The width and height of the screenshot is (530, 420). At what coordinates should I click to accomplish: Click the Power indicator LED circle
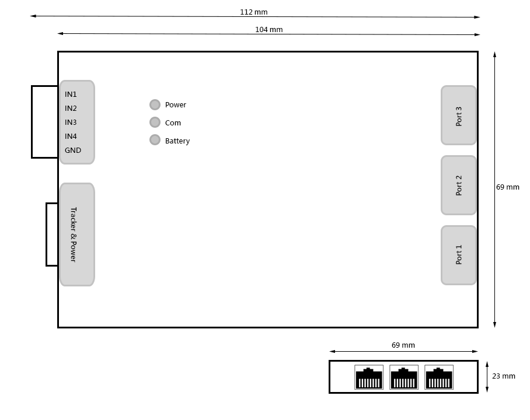pos(155,105)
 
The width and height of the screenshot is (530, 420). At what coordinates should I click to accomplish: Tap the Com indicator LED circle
pos(155,123)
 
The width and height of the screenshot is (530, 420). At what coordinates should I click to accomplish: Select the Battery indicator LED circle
pos(155,140)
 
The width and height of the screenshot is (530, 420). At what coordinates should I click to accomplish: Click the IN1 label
pos(71,94)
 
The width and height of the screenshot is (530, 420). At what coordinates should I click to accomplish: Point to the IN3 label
pos(71,123)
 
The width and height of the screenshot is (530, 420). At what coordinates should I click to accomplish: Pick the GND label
pos(73,150)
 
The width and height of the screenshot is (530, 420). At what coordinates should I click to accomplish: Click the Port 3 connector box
pos(458,116)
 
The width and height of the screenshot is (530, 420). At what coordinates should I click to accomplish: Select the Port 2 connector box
pos(458,185)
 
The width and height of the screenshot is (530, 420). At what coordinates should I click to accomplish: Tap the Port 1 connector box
pos(458,255)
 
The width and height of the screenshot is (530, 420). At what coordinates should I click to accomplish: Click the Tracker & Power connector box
pos(77,235)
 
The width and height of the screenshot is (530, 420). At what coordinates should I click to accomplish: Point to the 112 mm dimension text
pos(254,12)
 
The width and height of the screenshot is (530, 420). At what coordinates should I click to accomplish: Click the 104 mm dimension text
pos(269,29)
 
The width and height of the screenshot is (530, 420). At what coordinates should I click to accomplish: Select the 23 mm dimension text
pos(504,376)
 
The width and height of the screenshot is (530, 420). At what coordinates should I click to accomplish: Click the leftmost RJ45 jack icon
pos(369,377)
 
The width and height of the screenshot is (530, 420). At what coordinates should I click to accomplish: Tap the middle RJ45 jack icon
pos(404,377)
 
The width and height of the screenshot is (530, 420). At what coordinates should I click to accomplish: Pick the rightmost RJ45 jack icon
pos(439,377)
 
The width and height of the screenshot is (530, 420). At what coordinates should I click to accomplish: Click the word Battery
pos(177,141)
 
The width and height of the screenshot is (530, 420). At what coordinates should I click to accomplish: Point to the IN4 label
pos(71,136)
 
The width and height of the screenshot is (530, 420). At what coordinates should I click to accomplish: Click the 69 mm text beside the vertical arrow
pos(508,187)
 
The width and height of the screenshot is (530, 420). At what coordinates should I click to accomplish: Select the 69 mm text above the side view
pos(403,345)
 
